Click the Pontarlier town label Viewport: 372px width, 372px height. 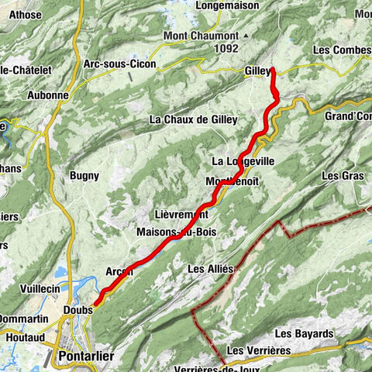click(x=84, y=356)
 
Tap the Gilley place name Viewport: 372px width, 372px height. click(x=257, y=71)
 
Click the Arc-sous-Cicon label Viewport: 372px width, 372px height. click(x=119, y=64)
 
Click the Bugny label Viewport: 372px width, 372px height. click(x=84, y=176)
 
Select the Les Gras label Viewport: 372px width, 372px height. click(x=342, y=176)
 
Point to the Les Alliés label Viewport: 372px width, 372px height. click(x=210, y=268)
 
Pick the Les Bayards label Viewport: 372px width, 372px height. click(x=304, y=334)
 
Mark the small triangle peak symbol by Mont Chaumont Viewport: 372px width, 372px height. click(x=246, y=36)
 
